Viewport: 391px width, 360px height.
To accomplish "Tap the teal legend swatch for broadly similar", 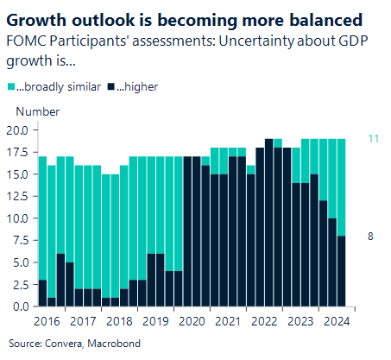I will [x=10, y=87].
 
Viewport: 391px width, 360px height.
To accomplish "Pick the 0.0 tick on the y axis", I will [x=22, y=306].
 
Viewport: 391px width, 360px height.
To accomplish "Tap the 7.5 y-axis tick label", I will [x=22, y=240].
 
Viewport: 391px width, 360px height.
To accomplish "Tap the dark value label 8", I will [x=370, y=236].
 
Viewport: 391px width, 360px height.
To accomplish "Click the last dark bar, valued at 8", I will [x=341, y=271].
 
